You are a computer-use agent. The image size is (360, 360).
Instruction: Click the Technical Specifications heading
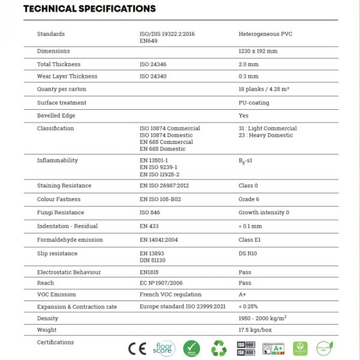[x=89, y=9]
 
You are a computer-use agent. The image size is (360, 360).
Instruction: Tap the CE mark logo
[x=137, y=348]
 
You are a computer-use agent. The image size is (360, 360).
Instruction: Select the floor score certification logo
[x=164, y=348]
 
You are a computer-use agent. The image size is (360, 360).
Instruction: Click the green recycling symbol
[x=219, y=348]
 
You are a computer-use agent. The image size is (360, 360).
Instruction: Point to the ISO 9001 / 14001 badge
[x=245, y=348]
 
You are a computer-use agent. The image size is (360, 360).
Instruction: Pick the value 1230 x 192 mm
[x=258, y=52]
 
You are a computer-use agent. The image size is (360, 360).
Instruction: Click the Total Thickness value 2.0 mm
[x=248, y=64]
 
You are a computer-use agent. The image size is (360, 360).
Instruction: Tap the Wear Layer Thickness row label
[x=67, y=77]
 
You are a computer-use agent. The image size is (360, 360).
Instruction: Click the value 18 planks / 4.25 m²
[x=264, y=89]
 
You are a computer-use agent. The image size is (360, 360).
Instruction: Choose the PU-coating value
[x=254, y=103]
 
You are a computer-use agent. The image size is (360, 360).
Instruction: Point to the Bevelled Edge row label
[x=56, y=116]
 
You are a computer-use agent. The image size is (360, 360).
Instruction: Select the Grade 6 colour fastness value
[x=249, y=199]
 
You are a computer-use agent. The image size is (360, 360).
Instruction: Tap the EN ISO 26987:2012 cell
[x=164, y=186]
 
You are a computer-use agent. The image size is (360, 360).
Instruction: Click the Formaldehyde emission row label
[x=70, y=240]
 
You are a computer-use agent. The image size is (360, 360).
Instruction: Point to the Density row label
[x=47, y=318]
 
